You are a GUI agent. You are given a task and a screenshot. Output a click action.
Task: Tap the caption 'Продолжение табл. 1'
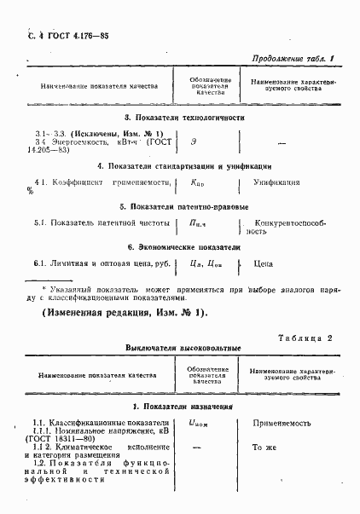292,60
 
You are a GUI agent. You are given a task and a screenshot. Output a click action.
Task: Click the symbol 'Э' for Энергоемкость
195,141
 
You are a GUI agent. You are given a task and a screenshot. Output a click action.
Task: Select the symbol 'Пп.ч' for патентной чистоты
197,223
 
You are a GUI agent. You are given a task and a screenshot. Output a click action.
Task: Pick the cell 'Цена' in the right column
264,264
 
